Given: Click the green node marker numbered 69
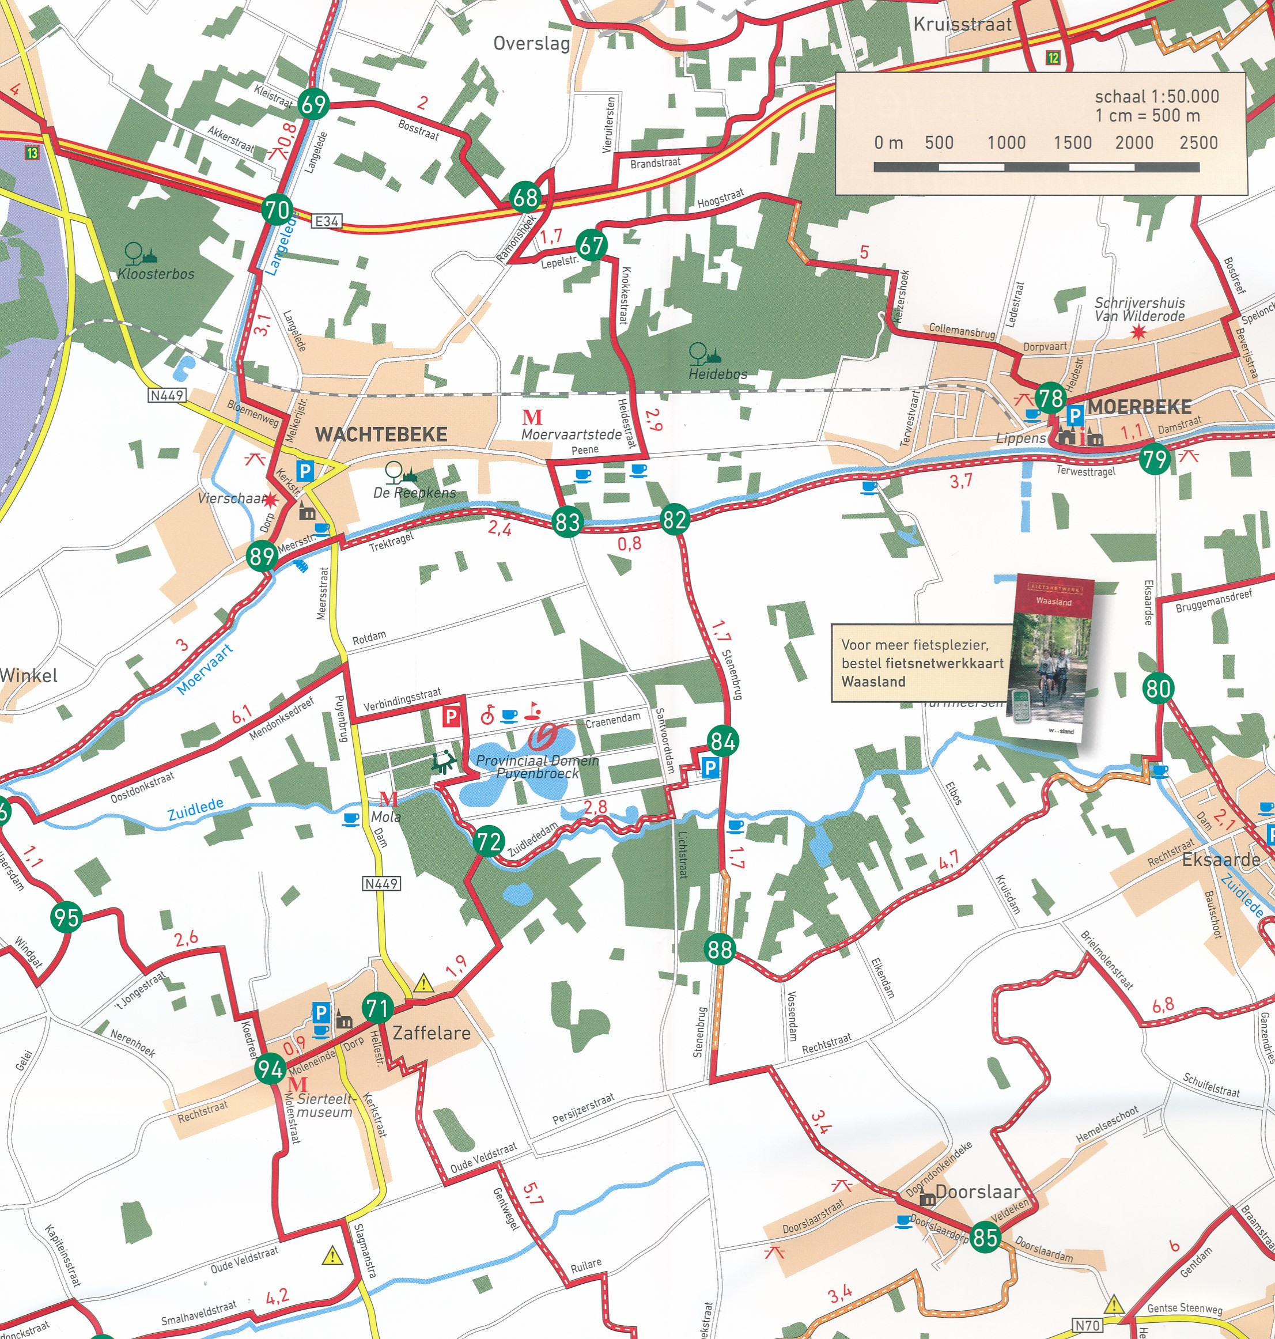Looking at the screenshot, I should [313, 104].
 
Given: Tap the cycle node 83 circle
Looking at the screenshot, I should [567, 521].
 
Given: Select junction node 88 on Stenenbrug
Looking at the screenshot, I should [720, 948].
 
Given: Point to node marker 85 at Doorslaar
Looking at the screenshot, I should [985, 1236].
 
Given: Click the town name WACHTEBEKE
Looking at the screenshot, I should [381, 434].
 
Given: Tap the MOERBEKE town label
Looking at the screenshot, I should [1139, 407].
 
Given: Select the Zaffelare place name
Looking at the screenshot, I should [432, 1033].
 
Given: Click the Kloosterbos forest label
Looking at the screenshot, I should [156, 274].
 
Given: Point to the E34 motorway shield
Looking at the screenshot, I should [327, 221].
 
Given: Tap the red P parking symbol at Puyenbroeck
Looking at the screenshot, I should [451, 716].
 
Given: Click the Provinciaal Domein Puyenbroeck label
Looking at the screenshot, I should [537, 767].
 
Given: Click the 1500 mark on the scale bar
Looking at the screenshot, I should [1072, 143].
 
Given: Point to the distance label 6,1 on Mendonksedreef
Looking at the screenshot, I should [242, 714].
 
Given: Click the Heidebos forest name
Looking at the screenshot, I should [718, 374].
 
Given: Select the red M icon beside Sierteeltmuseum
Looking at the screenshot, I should [298, 1083].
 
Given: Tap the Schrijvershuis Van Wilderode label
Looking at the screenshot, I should [1139, 309].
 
